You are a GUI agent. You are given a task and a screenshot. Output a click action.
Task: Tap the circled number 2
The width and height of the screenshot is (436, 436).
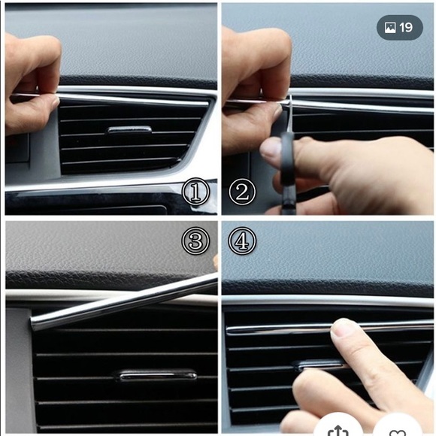click(241, 192)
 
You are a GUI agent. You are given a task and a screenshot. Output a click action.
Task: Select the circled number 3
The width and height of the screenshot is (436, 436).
click(195, 241)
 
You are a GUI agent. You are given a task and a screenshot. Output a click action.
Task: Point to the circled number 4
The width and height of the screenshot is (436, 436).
click(241, 241)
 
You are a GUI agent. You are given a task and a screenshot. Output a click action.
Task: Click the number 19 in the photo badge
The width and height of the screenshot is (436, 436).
click(406, 28)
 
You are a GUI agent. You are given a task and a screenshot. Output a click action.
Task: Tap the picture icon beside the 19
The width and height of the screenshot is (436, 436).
click(389, 28)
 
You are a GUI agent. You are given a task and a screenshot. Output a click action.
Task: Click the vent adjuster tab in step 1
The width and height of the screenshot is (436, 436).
click(129, 130)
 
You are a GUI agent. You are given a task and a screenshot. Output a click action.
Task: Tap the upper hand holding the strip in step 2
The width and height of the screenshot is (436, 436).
click(256, 64)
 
